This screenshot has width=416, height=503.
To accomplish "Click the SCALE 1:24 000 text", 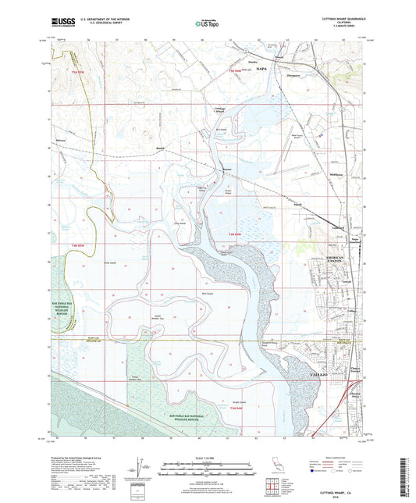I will pyautogui.click(x=208, y=457).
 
